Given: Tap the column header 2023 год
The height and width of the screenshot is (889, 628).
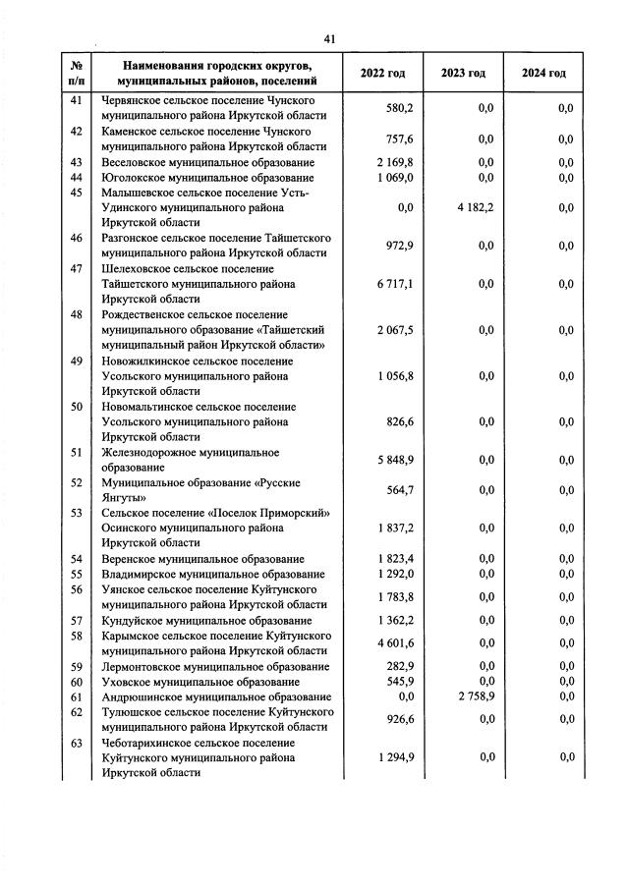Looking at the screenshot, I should pyautogui.click(x=463, y=73).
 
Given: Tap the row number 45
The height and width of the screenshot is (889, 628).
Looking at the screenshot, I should pyautogui.click(x=77, y=193).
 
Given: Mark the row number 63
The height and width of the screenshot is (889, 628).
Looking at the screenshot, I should pyautogui.click(x=77, y=743).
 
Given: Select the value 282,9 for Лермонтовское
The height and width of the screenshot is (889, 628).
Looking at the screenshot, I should pyautogui.click(x=399, y=666).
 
